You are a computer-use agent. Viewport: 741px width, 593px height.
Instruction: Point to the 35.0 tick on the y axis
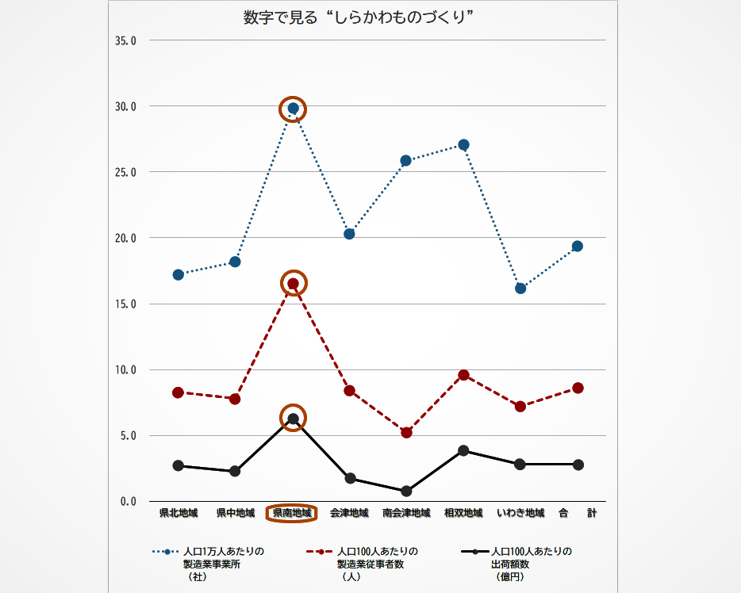126,40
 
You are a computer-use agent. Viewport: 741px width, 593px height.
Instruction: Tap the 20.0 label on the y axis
126,238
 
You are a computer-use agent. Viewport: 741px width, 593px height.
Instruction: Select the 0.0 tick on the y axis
129,502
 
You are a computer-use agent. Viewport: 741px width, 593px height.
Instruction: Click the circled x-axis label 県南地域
292,513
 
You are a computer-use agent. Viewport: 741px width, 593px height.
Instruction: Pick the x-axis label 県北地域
179,513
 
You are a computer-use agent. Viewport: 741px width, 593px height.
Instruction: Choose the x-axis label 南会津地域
406,513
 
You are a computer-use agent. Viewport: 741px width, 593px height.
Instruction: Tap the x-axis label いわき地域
520,513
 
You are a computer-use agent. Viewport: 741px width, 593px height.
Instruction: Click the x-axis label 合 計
577,513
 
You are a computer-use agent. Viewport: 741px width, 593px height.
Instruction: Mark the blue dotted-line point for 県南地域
294,109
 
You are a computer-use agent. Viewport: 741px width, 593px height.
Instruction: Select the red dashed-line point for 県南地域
294,284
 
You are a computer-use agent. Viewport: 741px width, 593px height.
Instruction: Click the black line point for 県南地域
294,419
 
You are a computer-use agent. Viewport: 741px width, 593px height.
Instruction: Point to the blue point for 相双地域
463,145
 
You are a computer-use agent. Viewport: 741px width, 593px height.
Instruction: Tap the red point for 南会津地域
406,433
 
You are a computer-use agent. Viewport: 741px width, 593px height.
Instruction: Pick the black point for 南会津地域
406,492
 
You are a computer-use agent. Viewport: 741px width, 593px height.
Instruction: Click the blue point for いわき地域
520,289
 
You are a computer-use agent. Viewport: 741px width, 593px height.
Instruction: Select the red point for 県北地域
179,392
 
